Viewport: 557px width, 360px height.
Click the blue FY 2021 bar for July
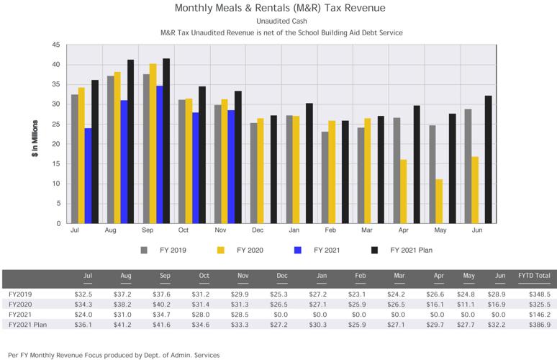coord(88,176)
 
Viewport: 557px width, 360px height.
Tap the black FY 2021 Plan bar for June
coord(488,159)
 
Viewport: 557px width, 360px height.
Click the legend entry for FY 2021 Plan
coord(407,251)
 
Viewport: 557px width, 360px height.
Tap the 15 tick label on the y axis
coord(56,163)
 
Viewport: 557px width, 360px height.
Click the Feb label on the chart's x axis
coord(330,230)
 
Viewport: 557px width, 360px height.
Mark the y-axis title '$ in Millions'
coord(35,134)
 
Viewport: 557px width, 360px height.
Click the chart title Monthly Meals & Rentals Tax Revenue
coord(280,9)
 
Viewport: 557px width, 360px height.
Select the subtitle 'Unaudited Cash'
coord(280,22)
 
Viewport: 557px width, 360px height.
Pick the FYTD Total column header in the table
coord(534,275)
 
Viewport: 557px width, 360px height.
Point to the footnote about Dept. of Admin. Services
coord(114,354)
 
